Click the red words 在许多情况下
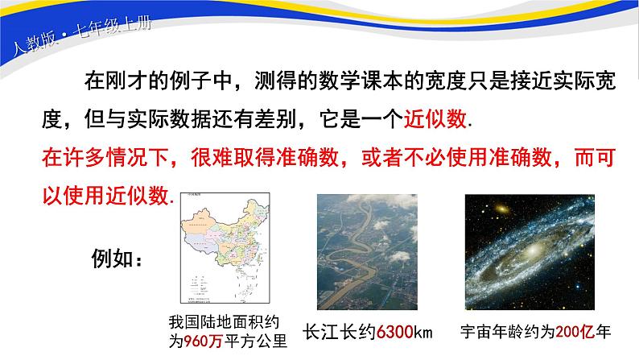point(89,155)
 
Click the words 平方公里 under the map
point(254,340)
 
